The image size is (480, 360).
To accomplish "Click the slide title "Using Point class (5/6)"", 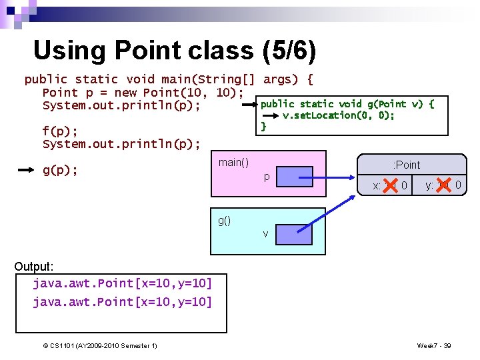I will [175, 51].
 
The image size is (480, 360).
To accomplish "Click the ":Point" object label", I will [407, 165].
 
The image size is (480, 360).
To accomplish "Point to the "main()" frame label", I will [233, 162].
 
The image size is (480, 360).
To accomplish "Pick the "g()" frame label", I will [225, 221].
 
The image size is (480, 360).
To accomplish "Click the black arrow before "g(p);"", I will [25, 171].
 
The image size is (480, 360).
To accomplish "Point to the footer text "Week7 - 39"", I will [434, 345].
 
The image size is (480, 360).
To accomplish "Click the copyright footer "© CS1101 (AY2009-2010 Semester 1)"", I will [100, 345].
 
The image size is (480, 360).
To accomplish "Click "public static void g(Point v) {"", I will [347, 104].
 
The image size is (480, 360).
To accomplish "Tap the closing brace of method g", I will [263, 126].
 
